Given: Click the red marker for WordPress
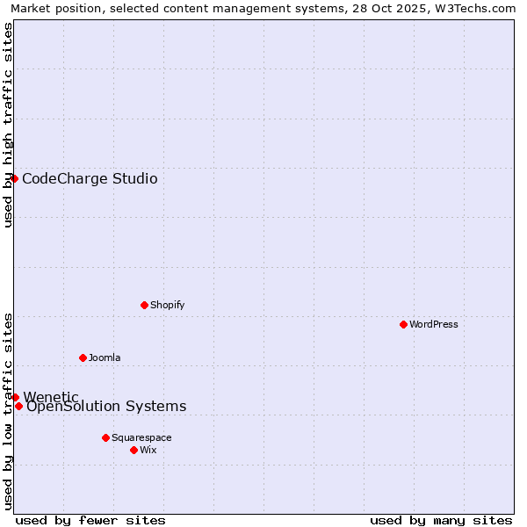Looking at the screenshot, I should point(403,324).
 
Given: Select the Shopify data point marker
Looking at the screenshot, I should point(144,305).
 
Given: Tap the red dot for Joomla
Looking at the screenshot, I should point(83,357).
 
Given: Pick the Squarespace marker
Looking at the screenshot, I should point(105,437).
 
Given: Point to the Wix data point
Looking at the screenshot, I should point(134,450).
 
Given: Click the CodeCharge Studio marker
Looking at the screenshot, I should point(14,178).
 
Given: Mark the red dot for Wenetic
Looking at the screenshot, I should point(15,397).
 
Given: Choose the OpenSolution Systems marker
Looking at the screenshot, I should point(18,406).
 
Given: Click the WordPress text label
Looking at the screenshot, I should point(434,324).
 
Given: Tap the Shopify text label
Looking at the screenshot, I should point(167,305).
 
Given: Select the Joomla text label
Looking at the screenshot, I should point(105,357).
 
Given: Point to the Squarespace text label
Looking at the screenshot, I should point(141,437).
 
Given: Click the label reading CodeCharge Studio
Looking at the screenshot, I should point(90,179).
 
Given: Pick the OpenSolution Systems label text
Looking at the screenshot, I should point(106,406).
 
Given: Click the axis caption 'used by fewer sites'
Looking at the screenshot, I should point(90,520).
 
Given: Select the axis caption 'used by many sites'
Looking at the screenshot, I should point(441,520).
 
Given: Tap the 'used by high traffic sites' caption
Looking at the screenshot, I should point(8,125).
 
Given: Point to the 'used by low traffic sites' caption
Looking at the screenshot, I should point(8,411).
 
